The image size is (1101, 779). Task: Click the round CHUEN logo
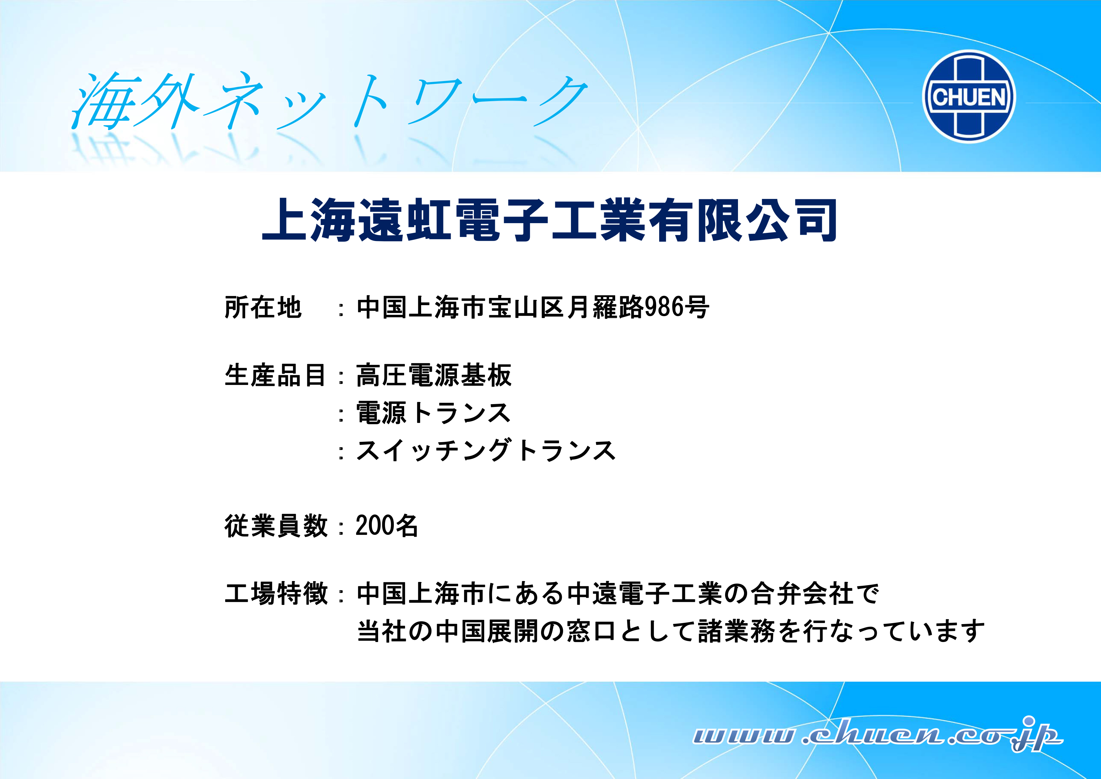(969, 96)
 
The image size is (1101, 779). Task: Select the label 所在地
(263, 307)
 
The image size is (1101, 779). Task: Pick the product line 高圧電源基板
(434, 375)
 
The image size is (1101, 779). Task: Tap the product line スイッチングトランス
(486, 450)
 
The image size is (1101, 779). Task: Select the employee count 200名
(387, 526)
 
